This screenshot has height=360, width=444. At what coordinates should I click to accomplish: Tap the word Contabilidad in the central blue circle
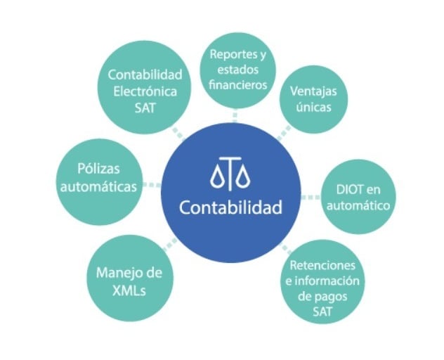[x=230, y=208]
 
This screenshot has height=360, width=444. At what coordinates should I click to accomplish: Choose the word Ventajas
[x=310, y=91]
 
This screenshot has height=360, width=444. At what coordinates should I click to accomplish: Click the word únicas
[x=310, y=108]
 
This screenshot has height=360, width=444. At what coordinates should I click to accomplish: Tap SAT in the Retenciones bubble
[x=322, y=313]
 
